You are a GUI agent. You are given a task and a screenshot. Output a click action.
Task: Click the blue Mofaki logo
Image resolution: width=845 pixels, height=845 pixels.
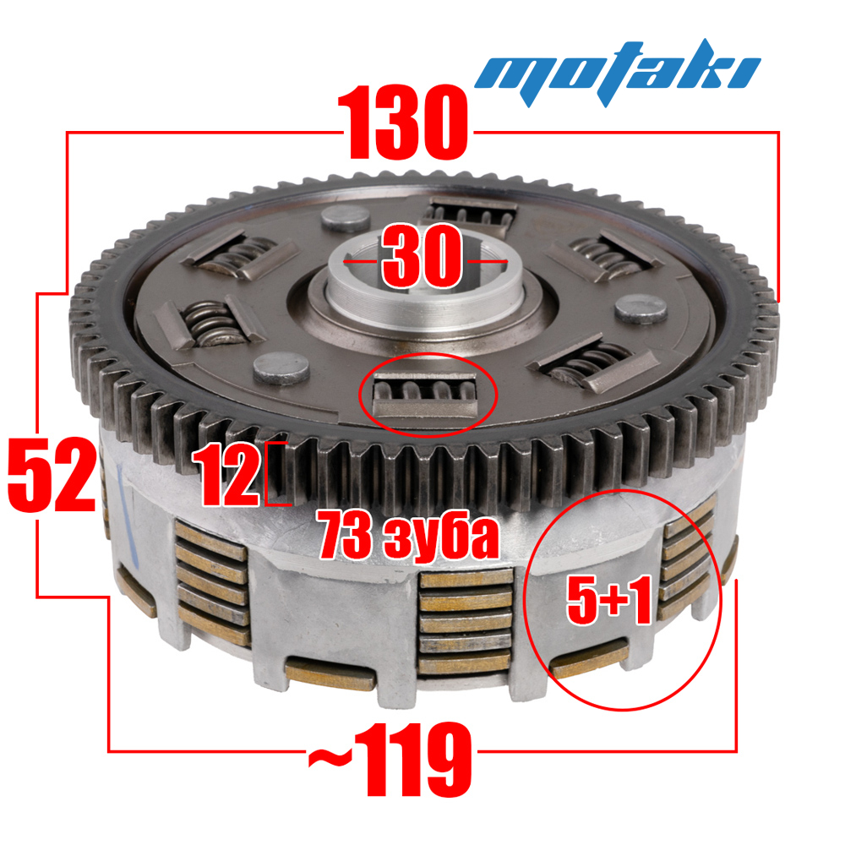617,72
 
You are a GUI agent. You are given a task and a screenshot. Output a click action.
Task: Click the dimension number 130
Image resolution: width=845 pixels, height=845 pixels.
403,122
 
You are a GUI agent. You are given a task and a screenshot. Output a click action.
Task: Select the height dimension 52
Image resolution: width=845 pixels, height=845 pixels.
52,474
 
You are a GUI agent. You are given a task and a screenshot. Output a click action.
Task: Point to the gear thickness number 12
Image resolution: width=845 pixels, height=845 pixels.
226,475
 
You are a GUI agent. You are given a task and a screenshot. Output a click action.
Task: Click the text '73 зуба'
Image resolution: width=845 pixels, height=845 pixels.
407,537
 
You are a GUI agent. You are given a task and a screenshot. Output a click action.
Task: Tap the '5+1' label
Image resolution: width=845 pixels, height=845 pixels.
609,599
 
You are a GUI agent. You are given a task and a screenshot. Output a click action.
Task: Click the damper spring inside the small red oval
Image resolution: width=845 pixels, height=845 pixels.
425,394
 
